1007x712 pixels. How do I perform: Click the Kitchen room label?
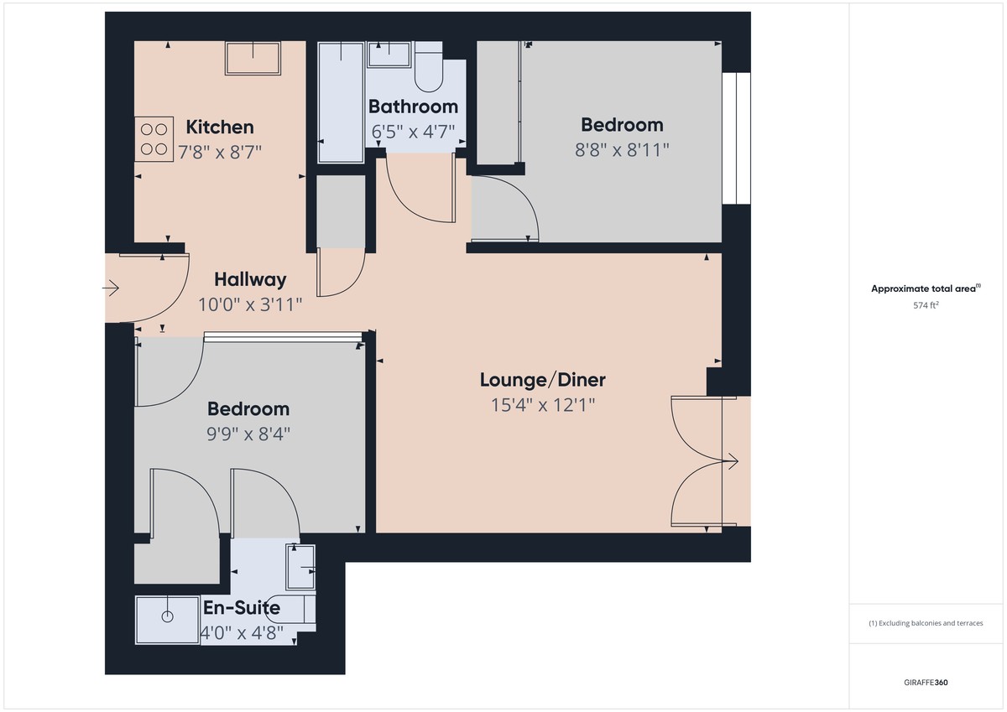pyautogui.click(x=219, y=127)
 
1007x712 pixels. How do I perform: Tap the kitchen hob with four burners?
pyautogui.click(x=154, y=138)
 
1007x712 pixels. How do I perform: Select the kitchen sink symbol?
pyautogui.click(x=254, y=58)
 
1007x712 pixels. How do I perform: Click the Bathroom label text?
pyautogui.click(x=413, y=107)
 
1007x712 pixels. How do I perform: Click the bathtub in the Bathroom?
pyautogui.click(x=342, y=102)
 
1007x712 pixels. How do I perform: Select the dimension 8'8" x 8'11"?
pyautogui.click(x=622, y=149)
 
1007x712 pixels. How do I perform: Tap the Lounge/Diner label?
pyautogui.click(x=542, y=380)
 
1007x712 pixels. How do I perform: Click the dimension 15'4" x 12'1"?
pyautogui.click(x=542, y=406)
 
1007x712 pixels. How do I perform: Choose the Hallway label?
pyautogui.click(x=250, y=279)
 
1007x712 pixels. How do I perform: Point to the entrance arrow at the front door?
pyautogui.click(x=111, y=289)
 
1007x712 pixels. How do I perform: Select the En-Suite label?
pyautogui.click(x=241, y=608)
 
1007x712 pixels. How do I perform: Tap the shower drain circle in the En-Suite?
pyautogui.click(x=167, y=616)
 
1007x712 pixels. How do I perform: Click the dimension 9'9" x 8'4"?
pyautogui.click(x=248, y=434)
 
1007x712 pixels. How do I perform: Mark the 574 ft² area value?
pyautogui.click(x=925, y=306)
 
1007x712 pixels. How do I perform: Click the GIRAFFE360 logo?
pyautogui.click(x=925, y=683)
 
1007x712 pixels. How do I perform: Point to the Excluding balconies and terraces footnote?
pyautogui.click(x=925, y=623)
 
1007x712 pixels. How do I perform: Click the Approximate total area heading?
pyautogui.click(x=925, y=288)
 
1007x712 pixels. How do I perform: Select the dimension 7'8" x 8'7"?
pyautogui.click(x=219, y=152)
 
